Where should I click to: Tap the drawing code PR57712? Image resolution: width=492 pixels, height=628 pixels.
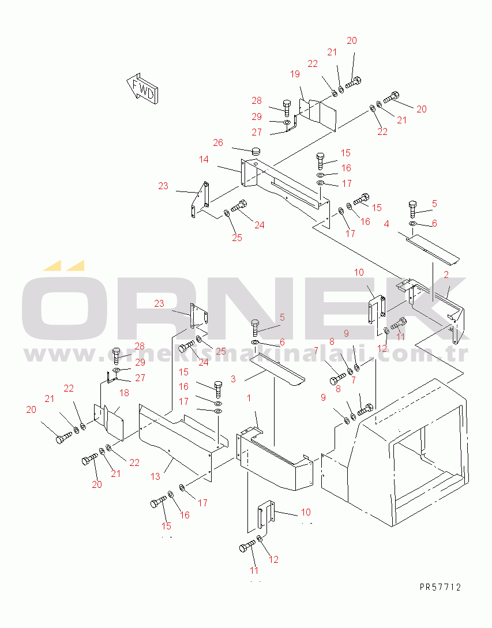[x=440, y=588]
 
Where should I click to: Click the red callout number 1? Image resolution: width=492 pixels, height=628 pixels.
[x=249, y=398]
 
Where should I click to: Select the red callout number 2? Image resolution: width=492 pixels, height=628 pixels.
[x=446, y=274]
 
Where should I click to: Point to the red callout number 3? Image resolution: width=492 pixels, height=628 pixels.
[x=233, y=379]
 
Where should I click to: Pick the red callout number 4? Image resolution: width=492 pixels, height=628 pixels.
[x=386, y=224]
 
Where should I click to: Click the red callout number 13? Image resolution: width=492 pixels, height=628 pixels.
[x=155, y=476]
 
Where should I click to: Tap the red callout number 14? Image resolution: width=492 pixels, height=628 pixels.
[x=204, y=159]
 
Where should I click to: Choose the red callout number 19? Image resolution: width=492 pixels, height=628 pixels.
[x=295, y=74]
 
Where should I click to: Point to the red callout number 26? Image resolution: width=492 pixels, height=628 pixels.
[x=218, y=142]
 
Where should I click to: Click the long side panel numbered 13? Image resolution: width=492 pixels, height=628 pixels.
[x=179, y=441]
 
